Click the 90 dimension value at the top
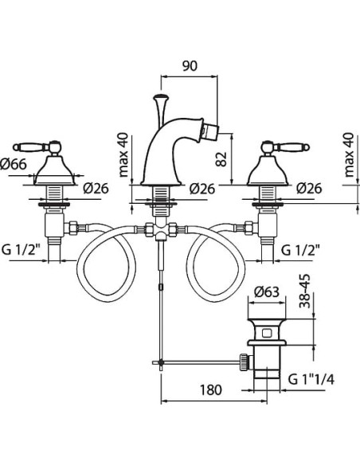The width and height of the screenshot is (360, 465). (190, 66)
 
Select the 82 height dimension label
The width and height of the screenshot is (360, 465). (221, 159)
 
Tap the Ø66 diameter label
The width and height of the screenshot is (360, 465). (14, 164)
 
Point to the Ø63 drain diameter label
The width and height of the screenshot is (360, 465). (267, 292)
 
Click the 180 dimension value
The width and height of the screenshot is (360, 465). (210, 389)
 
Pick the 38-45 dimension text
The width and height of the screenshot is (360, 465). (304, 291)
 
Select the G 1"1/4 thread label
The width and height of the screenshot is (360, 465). (311, 379)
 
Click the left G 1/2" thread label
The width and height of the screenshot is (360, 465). (21, 250)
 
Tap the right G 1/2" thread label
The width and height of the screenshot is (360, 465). (300, 250)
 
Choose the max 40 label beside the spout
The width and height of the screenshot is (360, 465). (123, 154)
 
